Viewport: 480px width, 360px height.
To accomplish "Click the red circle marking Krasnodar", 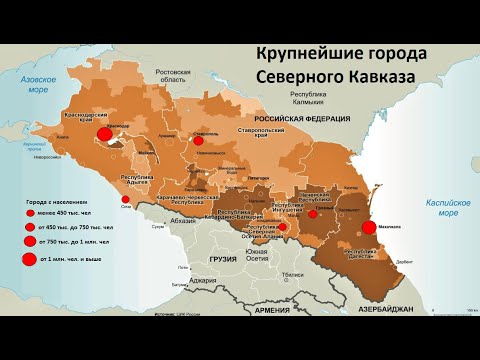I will point(103,133).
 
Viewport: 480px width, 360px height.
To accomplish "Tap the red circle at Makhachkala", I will point(370,228).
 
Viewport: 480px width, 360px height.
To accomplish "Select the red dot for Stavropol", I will point(198,141).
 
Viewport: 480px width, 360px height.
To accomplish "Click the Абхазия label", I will point(184,221).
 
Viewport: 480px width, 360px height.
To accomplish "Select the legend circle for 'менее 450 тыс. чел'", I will point(28,214).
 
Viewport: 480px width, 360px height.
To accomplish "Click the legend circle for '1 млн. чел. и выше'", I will point(29,260).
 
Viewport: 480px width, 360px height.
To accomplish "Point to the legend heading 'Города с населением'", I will point(47,200).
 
